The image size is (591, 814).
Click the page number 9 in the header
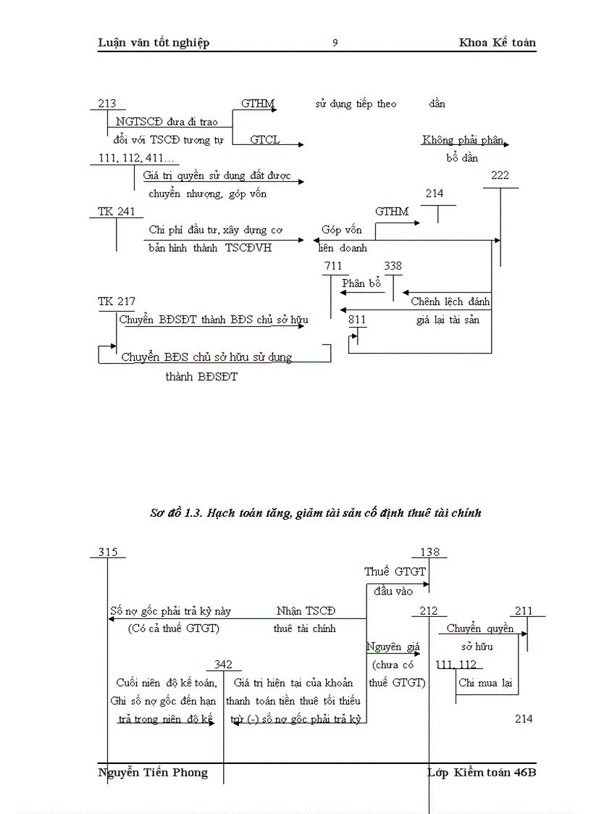pyautogui.click(x=335, y=43)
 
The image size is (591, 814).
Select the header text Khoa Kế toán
pyautogui.click(x=497, y=43)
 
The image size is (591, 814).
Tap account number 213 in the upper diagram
pyautogui.click(x=106, y=104)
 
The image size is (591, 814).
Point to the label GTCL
pyautogui.click(x=265, y=139)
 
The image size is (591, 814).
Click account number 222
pyautogui.click(x=500, y=175)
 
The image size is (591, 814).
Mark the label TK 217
pyautogui.click(x=116, y=301)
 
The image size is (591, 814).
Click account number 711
pyautogui.click(x=333, y=266)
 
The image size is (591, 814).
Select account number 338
pyautogui.click(x=393, y=266)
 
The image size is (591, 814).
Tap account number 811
pyautogui.click(x=357, y=319)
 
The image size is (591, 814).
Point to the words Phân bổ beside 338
pyautogui.click(x=361, y=283)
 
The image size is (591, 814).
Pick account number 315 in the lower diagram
pyautogui.click(x=108, y=552)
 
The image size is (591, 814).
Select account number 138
pyautogui.click(x=429, y=552)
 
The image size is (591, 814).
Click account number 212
pyautogui.click(x=429, y=611)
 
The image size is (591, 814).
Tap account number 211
pyautogui.click(x=524, y=611)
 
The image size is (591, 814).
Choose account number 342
pyautogui.click(x=223, y=665)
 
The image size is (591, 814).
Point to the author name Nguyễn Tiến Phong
pyautogui.click(x=152, y=773)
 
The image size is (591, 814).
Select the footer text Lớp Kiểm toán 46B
pyautogui.click(x=482, y=773)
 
